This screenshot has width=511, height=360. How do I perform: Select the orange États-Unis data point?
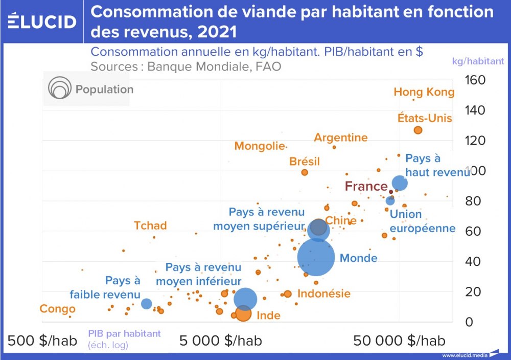point(417,130)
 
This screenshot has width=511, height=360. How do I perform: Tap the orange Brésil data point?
point(305,172)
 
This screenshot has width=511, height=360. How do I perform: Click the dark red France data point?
point(391,192)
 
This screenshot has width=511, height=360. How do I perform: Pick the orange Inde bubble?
point(243,313)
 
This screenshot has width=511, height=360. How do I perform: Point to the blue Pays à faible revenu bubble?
point(147,303)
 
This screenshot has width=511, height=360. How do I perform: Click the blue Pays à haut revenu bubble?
point(399,183)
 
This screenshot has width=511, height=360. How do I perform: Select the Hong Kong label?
point(424,92)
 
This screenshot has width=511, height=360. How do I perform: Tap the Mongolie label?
point(259,146)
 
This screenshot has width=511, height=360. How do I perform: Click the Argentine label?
point(340,138)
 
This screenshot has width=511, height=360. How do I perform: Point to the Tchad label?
point(150,226)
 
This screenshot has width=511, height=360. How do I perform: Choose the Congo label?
point(57,309)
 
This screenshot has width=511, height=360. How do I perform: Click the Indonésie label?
point(324,294)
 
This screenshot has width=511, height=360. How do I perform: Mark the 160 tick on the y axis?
point(475,80)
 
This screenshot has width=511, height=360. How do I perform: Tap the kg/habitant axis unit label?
point(478,61)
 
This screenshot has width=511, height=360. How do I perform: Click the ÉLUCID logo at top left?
point(42,21)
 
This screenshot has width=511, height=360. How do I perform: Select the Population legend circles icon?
point(59,89)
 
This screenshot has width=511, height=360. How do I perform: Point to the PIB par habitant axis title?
point(124,333)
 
